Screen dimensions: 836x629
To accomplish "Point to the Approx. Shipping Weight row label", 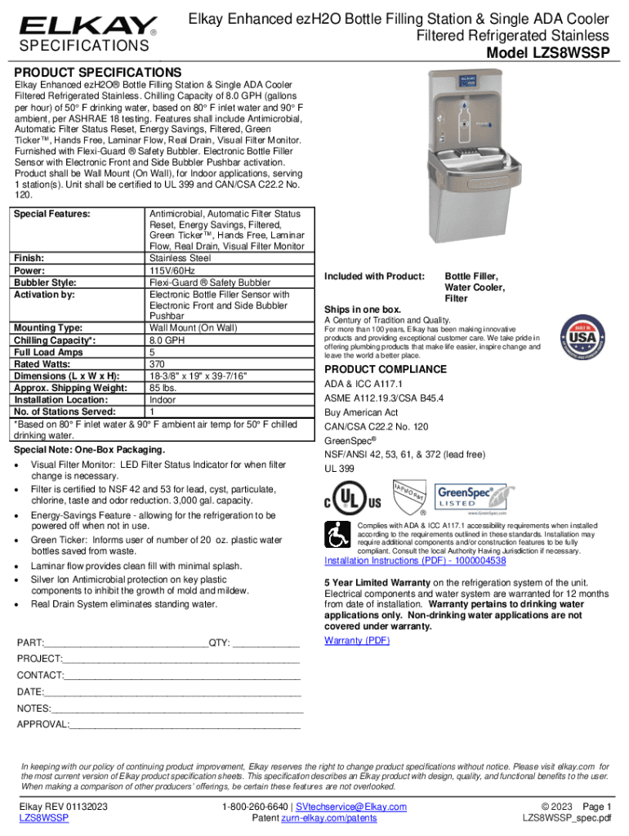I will [71, 388].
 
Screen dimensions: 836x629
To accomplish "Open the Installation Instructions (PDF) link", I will [415, 561].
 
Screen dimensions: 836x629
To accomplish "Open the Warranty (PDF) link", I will [357, 640].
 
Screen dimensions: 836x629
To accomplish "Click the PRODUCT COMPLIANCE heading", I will [386, 369].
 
